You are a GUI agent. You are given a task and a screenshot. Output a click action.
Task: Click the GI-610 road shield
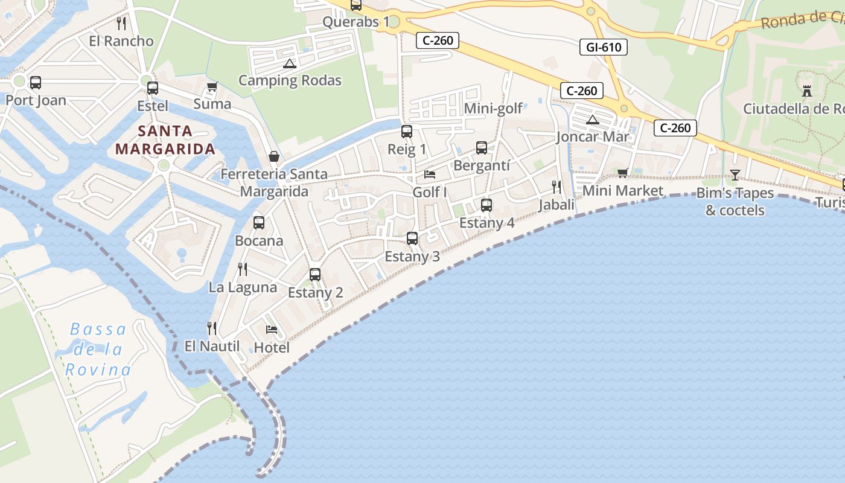pos(603,47)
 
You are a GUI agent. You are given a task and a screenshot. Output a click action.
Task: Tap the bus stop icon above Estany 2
pos(314,275)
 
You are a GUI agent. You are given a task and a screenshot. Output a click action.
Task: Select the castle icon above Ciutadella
pos(806,91)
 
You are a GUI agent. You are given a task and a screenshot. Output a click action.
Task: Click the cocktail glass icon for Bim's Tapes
pos(735,175)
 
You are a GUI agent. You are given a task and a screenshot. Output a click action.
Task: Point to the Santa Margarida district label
pos(165,139)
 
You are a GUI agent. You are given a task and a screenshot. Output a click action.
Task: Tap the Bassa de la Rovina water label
pos(98,350)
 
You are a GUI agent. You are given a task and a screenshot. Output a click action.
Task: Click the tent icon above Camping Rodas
pos(290,63)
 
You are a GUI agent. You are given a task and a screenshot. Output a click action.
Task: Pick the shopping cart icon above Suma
pos(212,87)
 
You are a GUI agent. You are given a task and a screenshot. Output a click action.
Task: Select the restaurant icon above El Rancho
pos(121,24)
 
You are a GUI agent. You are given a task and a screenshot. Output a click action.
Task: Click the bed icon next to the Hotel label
pos(272,330)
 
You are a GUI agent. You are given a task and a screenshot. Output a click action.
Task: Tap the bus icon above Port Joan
pos(36,83)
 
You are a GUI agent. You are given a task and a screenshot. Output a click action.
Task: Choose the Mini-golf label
pos(493,109)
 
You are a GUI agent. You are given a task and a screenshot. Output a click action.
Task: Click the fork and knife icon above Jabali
pos(556,187)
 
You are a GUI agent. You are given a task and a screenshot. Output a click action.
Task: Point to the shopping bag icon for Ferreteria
pos(273,156)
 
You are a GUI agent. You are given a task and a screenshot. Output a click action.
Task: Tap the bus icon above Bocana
pos(259,223)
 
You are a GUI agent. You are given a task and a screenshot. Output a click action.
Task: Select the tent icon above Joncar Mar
pos(593,120)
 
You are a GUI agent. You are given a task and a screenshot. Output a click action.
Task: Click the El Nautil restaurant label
pos(212,347)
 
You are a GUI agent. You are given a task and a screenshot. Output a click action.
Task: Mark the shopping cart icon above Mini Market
pos(623,173)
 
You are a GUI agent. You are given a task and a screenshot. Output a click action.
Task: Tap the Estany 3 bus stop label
pos(412,256)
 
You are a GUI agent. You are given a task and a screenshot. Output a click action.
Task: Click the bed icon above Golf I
pos(430,174)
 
